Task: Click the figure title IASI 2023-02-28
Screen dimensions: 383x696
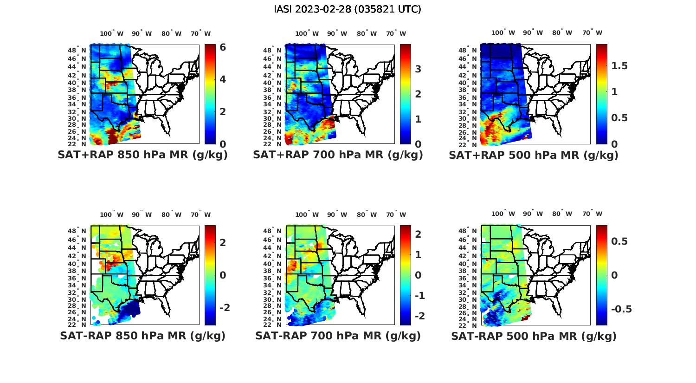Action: click(348, 9)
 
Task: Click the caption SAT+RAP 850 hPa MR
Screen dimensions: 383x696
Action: click(142, 155)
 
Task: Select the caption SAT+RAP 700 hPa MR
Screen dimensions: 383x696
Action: click(338, 155)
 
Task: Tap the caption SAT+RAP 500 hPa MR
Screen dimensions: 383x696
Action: click(533, 155)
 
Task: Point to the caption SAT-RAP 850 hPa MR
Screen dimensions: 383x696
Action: click(142, 336)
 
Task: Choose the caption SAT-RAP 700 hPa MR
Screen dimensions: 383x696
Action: click(338, 336)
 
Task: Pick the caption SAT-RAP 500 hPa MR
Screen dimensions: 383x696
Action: click(534, 336)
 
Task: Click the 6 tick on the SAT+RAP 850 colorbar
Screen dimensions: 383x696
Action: click(223, 47)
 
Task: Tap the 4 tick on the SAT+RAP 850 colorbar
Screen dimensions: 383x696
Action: click(223, 79)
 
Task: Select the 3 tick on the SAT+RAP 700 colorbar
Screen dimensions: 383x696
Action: click(418, 69)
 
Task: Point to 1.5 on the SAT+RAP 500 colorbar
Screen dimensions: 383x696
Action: click(619, 66)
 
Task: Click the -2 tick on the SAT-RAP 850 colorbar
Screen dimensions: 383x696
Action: click(225, 308)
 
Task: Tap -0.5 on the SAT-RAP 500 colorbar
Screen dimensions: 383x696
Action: click(621, 309)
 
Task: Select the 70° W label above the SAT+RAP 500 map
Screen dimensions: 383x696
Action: click(593, 32)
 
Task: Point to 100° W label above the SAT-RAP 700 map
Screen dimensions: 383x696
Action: click(307, 214)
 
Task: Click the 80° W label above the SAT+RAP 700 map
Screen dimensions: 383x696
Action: click(367, 33)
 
